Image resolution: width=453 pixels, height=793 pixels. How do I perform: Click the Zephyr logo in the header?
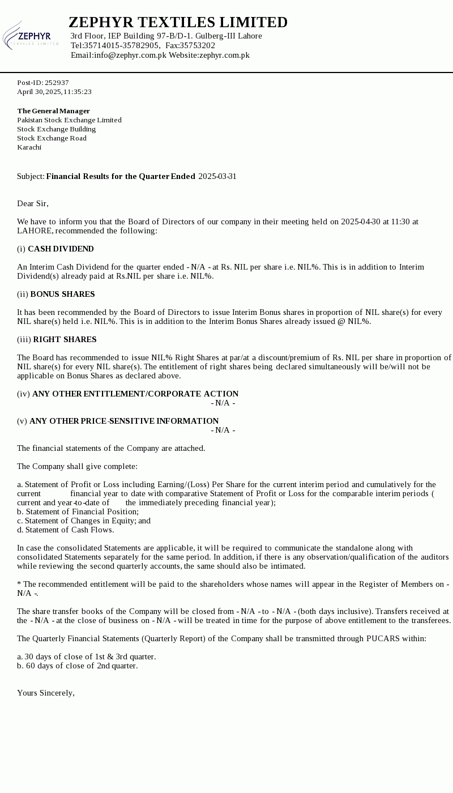[x=31, y=36]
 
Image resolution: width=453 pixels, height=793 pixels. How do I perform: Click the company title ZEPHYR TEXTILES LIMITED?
[x=178, y=23]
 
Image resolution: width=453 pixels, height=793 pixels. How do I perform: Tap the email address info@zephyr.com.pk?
[x=130, y=55]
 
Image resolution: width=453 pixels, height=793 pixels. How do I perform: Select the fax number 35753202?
[x=197, y=45]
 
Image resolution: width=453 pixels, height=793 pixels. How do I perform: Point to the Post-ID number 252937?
[x=57, y=83]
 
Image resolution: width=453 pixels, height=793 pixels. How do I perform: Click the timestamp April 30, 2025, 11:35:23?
[x=54, y=92]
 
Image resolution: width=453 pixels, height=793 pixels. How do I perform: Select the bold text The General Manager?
[x=54, y=111]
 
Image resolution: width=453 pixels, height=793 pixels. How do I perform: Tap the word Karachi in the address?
[x=29, y=147]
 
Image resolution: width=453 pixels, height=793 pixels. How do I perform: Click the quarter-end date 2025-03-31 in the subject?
[x=217, y=176]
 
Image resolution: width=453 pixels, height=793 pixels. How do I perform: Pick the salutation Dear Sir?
[x=33, y=203]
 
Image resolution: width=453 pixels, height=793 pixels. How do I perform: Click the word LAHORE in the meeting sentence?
[x=35, y=231]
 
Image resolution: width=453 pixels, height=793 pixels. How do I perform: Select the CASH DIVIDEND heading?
[x=61, y=249]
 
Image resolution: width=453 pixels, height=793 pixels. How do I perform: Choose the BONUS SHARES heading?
[x=62, y=294]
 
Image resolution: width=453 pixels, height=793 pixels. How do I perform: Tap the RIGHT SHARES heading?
[x=65, y=339]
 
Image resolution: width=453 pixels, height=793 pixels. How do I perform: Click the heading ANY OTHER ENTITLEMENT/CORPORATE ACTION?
[x=135, y=394]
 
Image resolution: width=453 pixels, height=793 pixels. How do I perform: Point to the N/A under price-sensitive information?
[x=223, y=430]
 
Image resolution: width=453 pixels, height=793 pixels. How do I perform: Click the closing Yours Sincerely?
[x=46, y=693]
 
